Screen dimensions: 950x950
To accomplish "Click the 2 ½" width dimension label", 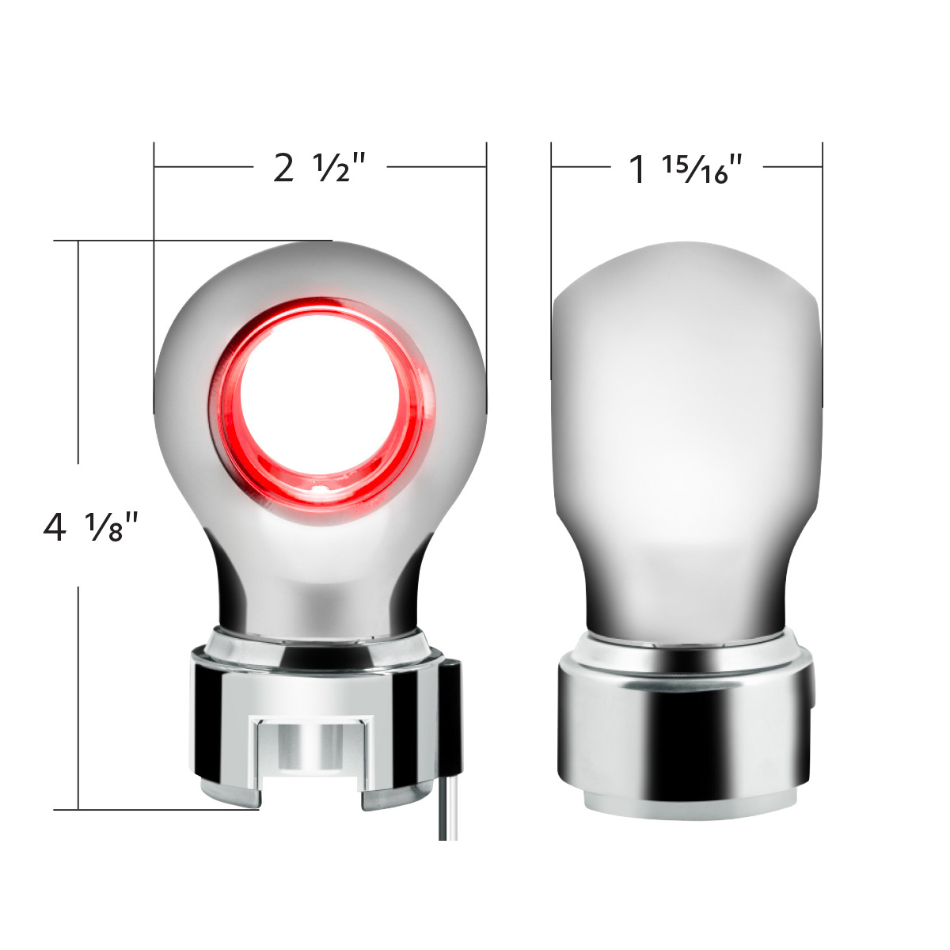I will (320, 167).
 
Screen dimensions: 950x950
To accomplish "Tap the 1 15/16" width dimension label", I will (686, 169).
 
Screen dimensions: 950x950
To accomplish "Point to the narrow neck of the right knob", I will (686, 586).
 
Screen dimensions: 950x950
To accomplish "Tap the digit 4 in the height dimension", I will (55, 527).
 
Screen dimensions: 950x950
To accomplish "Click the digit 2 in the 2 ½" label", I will (283, 169).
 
